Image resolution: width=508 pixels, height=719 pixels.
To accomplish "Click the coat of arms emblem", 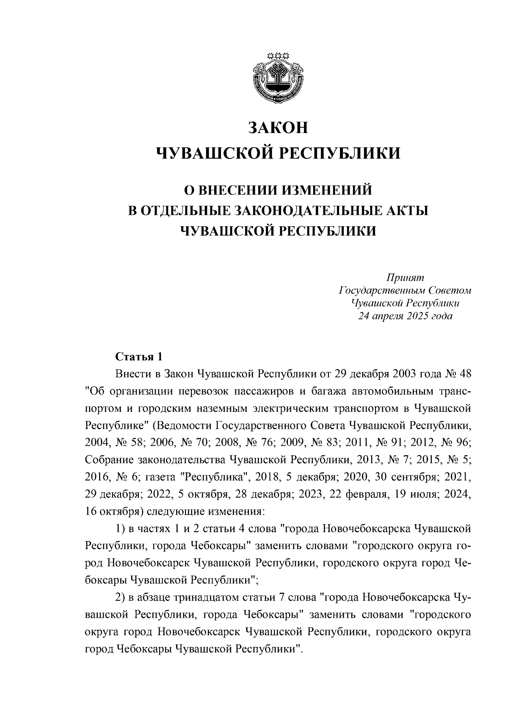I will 278,77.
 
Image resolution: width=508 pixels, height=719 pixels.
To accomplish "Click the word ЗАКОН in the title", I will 278,128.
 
